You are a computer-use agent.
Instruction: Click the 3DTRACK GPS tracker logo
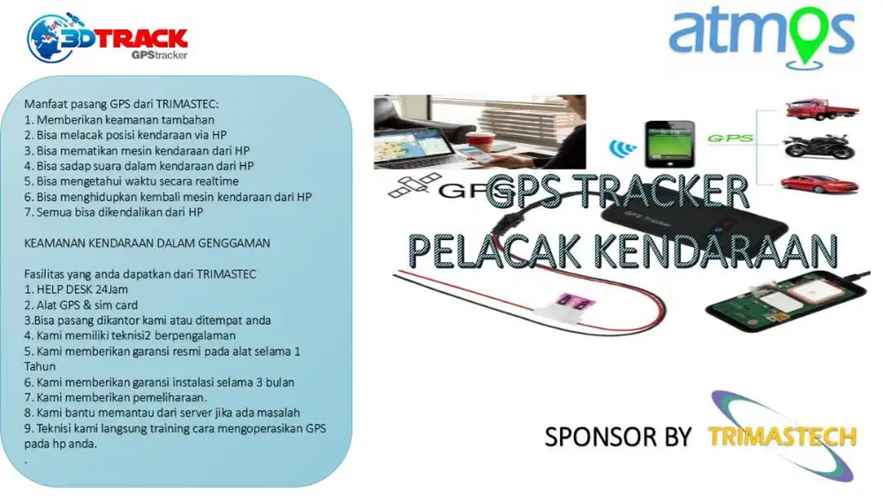(x=107, y=38)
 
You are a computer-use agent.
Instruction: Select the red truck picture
(x=821, y=109)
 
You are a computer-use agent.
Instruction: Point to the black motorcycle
(x=819, y=147)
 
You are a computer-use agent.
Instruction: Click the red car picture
(x=819, y=184)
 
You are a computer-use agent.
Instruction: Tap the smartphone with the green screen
(x=669, y=144)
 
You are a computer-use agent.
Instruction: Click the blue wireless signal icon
(x=623, y=148)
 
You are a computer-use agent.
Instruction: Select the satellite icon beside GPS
(x=413, y=186)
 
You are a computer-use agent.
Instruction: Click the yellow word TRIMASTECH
(x=782, y=437)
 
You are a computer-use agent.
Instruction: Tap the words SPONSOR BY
(x=617, y=438)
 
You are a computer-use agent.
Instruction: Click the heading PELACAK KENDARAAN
(x=623, y=252)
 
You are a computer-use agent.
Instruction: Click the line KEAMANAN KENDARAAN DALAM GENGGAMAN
(x=147, y=244)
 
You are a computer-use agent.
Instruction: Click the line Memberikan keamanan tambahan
(x=119, y=120)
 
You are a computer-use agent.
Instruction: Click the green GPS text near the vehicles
(x=730, y=138)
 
